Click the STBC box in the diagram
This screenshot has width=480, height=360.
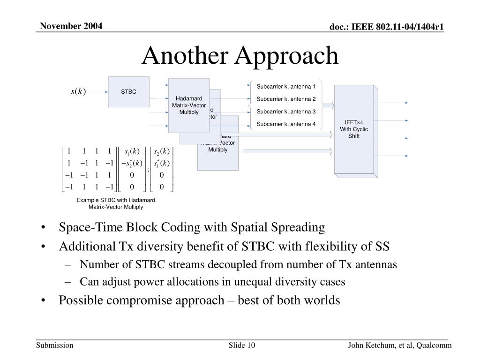[128, 92]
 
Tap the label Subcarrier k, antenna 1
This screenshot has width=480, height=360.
[286, 86]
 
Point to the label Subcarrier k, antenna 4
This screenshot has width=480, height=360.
[286, 124]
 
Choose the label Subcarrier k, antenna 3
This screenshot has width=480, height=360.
[286, 112]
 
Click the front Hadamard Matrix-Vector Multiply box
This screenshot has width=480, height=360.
[189, 105]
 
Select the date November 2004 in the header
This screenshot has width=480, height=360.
[70, 25]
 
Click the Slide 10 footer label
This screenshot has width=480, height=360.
[241, 346]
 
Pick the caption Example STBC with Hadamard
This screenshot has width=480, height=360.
[116, 200]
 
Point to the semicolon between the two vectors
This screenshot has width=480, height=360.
[148, 170]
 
